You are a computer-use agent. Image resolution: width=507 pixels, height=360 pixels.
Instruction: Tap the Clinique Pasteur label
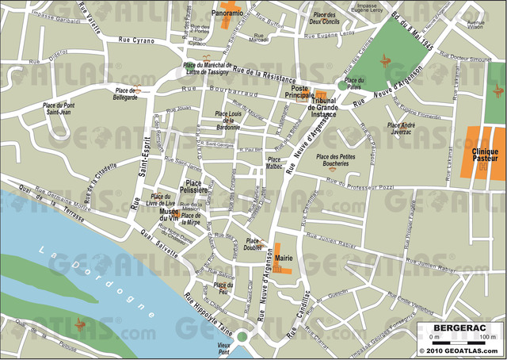pyautogui.click(x=485, y=155)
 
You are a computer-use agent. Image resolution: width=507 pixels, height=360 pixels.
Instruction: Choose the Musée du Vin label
pyautogui.click(x=169, y=214)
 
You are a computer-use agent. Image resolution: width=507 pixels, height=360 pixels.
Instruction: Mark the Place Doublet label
pyautogui.click(x=253, y=243)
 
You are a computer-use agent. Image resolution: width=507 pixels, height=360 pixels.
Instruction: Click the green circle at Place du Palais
pyautogui.click(x=341, y=85)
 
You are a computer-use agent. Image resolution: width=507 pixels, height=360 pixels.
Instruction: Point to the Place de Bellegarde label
pyautogui.click(x=125, y=94)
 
